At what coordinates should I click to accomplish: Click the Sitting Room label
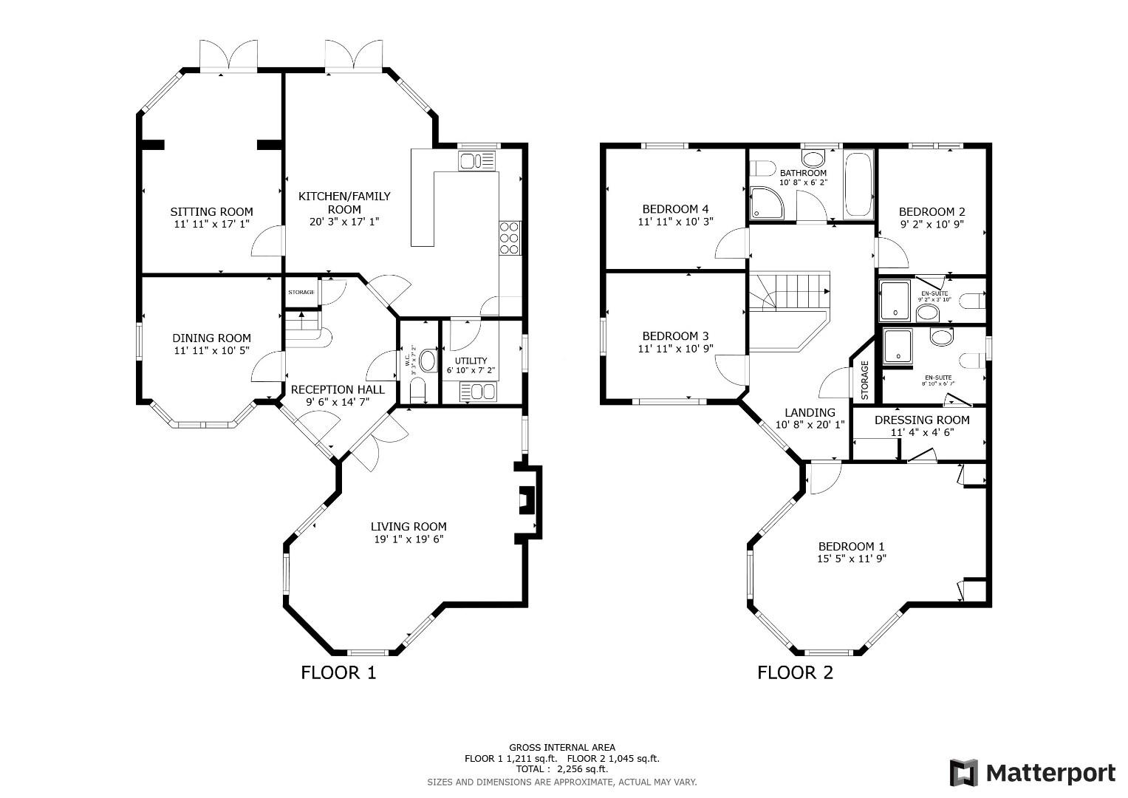[x=211, y=211]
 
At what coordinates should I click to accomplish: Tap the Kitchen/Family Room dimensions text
[x=344, y=222]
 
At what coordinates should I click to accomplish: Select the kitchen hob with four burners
[x=510, y=238]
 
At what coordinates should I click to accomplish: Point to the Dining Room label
[x=211, y=338]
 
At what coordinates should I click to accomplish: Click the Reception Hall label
[x=338, y=389]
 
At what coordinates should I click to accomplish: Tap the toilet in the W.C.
[x=418, y=392]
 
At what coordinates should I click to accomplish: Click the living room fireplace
[x=527, y=500]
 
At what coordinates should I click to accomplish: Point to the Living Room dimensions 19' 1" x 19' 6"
[x=409, y=539]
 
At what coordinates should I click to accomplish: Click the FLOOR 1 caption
[x=338, y=673]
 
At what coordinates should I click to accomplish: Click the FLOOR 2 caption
[x=795, y=673]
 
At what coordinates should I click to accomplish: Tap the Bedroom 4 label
[x=675, y=208]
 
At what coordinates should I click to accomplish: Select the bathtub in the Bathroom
[x=858, y=185]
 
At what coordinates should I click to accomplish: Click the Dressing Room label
[x=922, y=420]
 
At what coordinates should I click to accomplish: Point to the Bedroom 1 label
[x=851, y=547]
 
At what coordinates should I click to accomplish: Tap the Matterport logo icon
[x=964, y=773]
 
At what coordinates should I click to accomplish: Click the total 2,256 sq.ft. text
[x=562, y=769]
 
